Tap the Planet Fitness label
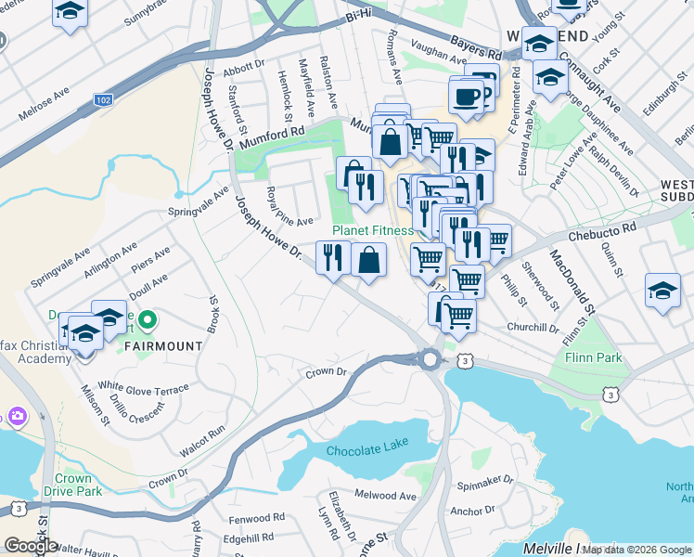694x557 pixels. [372, 230]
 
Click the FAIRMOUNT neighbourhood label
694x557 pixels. [161, 346]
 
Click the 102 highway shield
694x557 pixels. [104, 98]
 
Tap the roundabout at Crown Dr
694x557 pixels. [430, 358]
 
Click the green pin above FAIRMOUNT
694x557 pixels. [147, 322]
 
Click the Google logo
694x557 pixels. [31, 546]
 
